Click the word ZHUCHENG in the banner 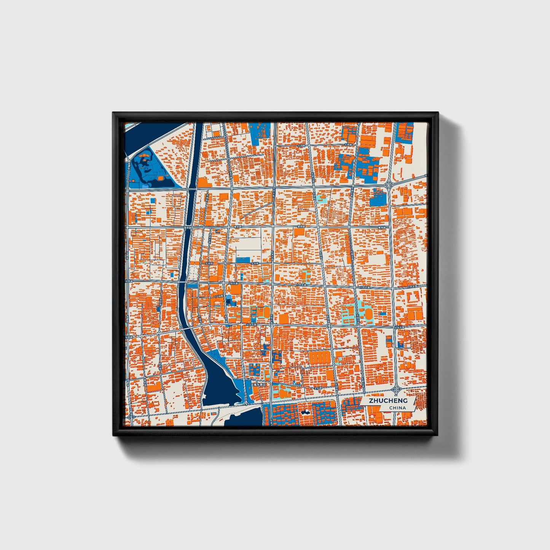(388, 401)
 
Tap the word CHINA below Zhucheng (397, 408)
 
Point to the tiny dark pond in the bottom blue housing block (305, 412)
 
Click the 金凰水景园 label (260, 385)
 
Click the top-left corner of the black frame (113, 113)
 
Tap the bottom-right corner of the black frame (438, 436)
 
